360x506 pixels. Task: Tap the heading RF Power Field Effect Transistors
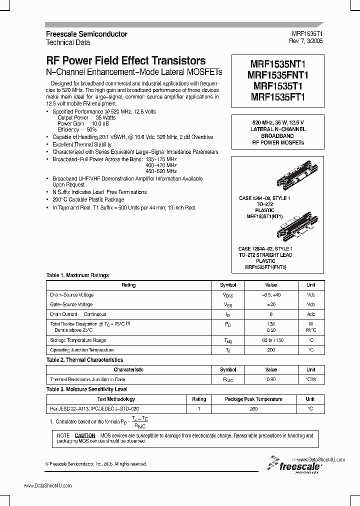coord(125,60)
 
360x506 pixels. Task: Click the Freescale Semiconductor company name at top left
coord(86,34)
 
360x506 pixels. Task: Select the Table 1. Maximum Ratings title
coord(77,275)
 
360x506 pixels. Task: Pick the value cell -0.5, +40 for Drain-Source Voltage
coord(271,295)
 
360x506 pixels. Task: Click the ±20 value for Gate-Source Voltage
coord(271,304)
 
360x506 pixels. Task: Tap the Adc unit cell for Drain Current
coord(311,314)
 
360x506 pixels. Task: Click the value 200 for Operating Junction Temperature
coord(271,350)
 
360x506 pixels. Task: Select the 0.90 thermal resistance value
coord(271,379)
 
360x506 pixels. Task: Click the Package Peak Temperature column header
coord(253,399)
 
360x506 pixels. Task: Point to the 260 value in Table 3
coord(253,409)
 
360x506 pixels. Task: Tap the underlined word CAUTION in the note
coord(84,435)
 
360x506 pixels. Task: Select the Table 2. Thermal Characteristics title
coord(84,360)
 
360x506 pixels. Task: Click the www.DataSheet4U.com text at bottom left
coord(47,485)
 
